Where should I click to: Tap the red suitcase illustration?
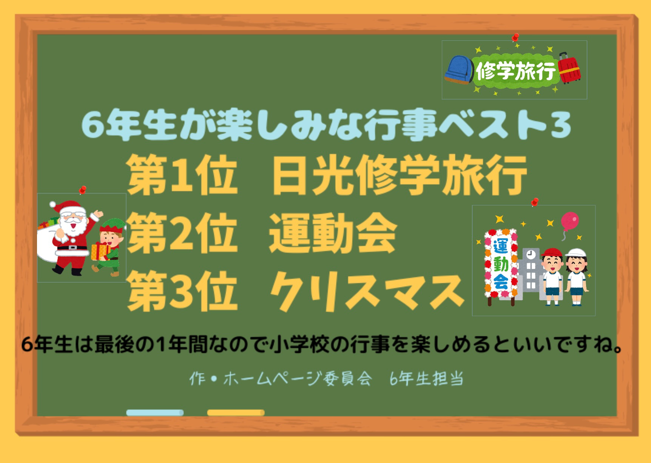click(569, 68)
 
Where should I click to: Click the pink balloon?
click(569, 222)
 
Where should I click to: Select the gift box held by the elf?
click(100, 252)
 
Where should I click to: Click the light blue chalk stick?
click(155, 413)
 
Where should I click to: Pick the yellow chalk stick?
click(236, 413)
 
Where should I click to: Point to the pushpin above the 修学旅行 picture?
click(515, 37)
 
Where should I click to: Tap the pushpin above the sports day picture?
click(534, 202)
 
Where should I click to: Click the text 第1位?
click(182, 175)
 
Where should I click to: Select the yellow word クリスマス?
click(366, 293)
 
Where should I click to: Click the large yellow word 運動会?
click(332, 234)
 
